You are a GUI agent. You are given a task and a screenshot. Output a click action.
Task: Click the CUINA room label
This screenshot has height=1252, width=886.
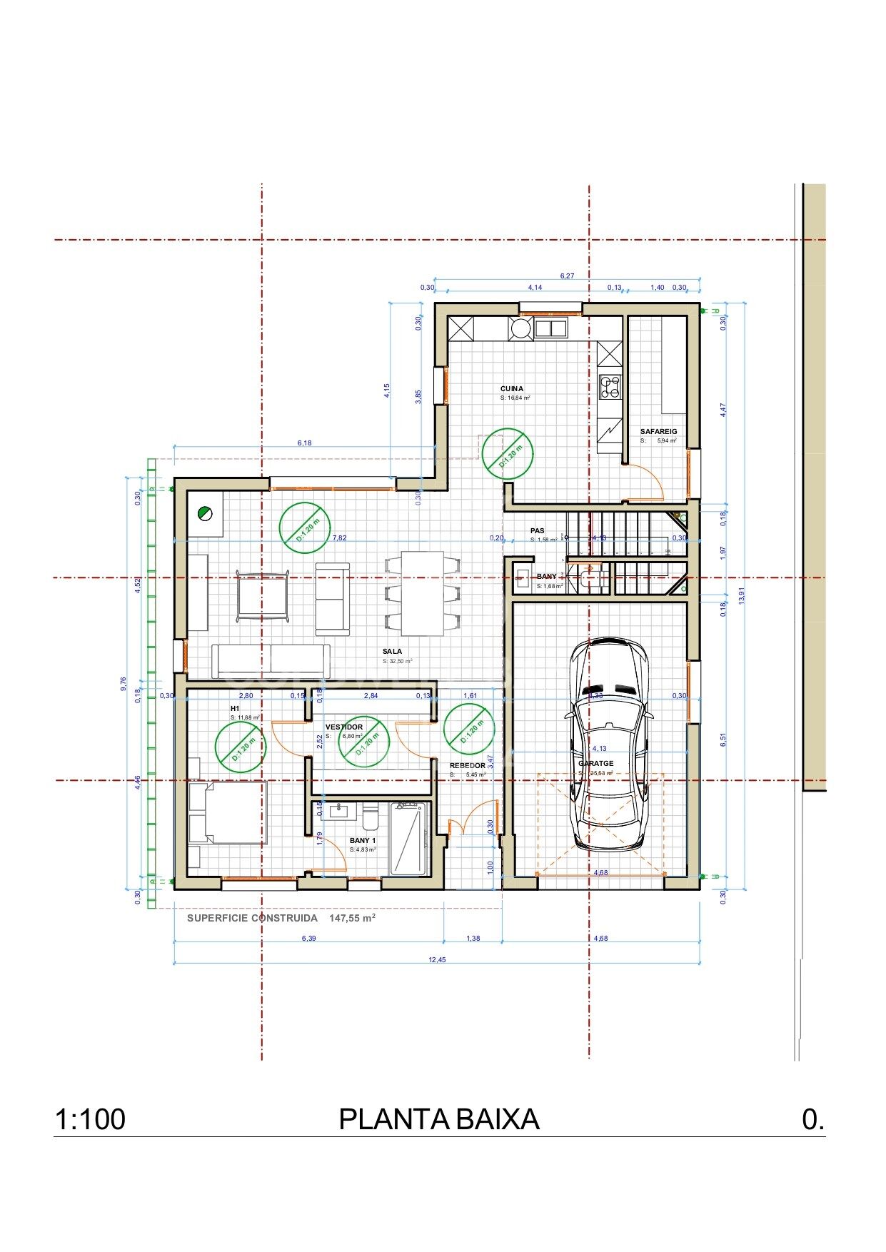(511, 389)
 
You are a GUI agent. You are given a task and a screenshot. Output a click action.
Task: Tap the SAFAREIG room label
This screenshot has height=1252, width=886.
(658, 431)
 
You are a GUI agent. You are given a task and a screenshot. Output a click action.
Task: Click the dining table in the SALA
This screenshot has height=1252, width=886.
(422, 593)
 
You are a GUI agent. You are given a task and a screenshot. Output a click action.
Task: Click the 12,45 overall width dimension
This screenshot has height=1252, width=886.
(437, 960)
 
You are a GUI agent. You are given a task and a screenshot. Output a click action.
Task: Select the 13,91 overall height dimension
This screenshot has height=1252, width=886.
(741, 596)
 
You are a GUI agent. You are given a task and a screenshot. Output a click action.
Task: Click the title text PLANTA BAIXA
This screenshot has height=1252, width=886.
(438, 1119)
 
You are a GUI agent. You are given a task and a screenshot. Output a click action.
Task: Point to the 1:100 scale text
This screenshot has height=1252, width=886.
(90, 1119)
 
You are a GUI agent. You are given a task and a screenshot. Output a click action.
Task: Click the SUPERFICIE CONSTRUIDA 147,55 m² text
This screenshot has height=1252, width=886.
(281, 918)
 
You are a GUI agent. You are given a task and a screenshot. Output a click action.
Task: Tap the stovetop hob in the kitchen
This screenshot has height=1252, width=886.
(610, 386)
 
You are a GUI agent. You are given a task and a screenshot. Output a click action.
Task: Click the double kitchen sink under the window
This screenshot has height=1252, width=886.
(550, 328)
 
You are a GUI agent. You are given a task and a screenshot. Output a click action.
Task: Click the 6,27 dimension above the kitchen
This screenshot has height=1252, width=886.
(567, 276)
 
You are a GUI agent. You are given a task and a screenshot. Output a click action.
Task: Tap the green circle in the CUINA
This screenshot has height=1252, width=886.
(507, 453)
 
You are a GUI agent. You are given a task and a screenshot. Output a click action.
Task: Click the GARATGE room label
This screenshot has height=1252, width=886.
(596, 763)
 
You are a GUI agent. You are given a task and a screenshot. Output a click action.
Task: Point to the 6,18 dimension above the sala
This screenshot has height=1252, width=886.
(304, 443)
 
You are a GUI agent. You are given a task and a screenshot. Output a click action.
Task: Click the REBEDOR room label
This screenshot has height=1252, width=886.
(467, 765)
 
